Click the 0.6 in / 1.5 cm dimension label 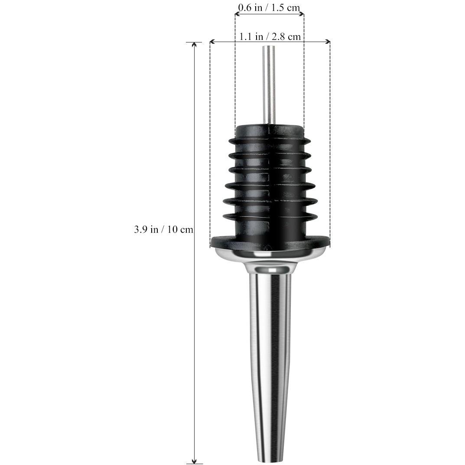[269, 7]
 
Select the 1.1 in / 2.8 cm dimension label [270, 36]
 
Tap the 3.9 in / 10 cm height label [163, 229]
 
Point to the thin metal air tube [269, 85]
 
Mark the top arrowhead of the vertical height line [194, 45]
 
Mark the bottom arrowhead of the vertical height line [194, 461]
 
